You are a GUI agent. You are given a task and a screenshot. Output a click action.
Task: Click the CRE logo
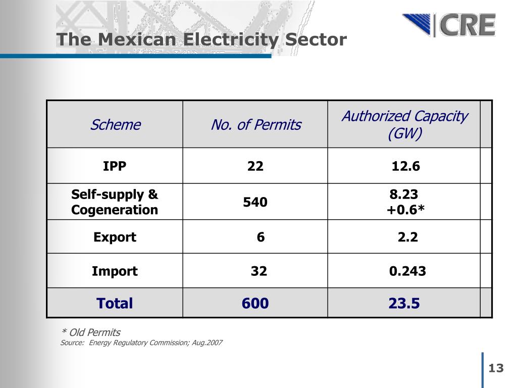448,25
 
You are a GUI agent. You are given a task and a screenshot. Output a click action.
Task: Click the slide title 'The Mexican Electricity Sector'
201,39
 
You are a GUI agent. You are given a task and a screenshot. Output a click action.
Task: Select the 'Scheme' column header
115,125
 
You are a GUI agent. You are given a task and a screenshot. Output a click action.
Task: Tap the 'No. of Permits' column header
255,125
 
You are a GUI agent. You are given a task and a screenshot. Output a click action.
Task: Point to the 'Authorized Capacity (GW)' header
404,125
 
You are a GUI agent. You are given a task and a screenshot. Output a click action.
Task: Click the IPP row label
115,166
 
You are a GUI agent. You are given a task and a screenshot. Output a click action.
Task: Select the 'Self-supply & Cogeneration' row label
115,202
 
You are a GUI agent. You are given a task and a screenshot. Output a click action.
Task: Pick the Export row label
115,237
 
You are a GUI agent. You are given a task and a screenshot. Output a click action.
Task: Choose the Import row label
115,271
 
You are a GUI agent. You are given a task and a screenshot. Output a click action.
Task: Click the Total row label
115,303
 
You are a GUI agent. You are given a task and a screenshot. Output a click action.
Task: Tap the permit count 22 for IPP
255,166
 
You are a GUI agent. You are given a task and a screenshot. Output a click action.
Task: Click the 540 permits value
255,203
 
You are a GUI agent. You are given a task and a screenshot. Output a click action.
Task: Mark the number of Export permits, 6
261,237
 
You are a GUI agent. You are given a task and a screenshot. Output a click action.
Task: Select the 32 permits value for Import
259,271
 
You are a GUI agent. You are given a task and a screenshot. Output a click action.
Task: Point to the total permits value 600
255,303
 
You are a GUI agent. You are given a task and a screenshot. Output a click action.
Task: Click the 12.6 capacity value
406,166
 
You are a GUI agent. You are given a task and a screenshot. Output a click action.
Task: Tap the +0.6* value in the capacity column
405,209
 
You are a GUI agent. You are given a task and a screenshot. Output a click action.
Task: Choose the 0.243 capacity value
407,271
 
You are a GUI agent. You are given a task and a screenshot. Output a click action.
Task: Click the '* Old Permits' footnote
90,332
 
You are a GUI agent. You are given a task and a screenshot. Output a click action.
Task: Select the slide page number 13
496,368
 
